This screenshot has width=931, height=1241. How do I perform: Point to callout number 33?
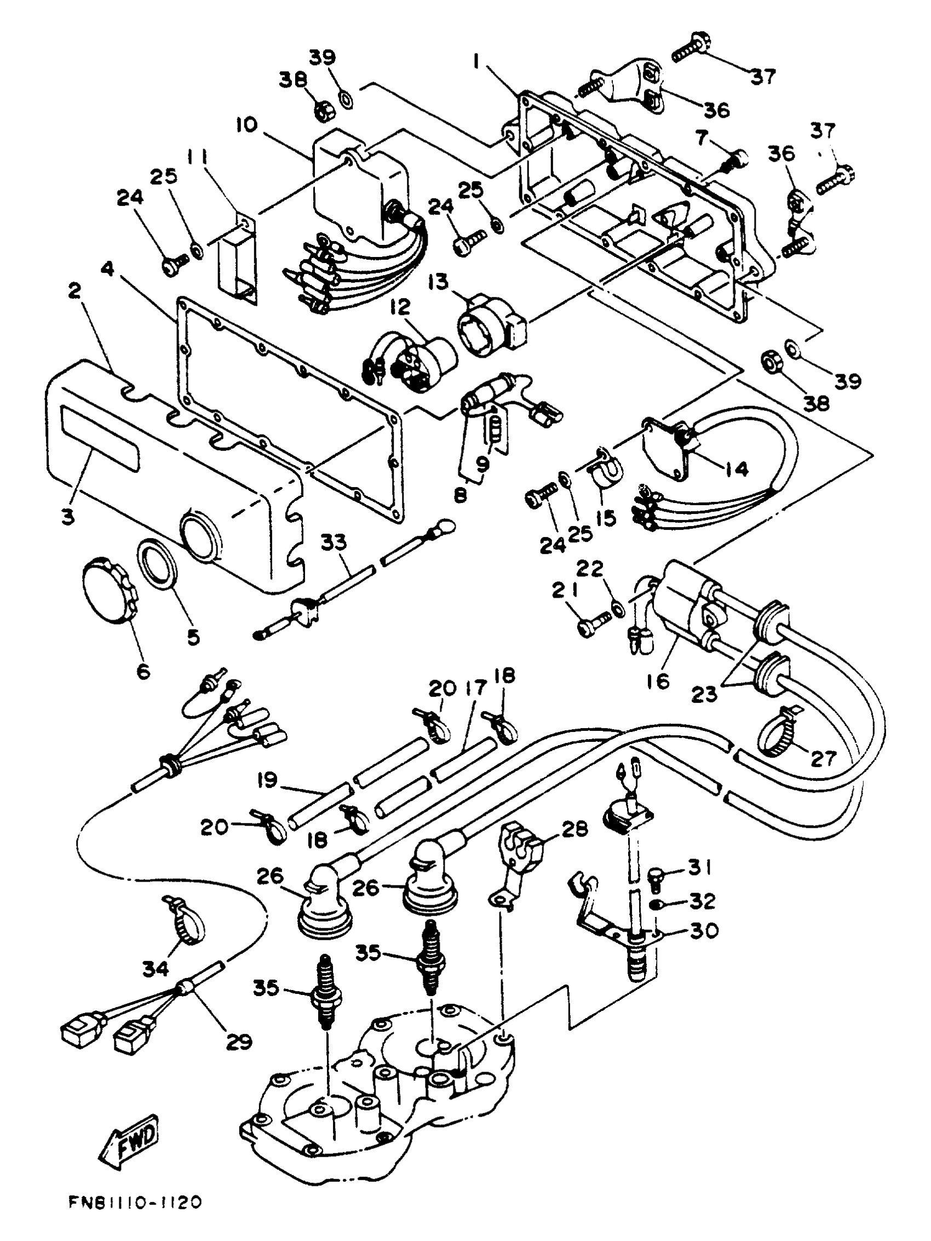click(x=334, y=543)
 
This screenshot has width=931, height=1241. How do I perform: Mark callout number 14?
click(x=736, y=469)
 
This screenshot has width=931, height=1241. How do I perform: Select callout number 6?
click(x=143, y=671)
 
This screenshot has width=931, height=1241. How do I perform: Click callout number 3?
click(x=68, y=516)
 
